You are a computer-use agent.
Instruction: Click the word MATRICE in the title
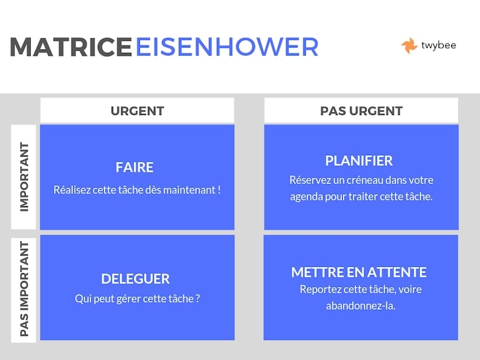pos(71,47)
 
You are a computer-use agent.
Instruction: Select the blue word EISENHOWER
pos(227,47)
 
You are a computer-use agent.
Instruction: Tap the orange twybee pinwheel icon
pos(409,46)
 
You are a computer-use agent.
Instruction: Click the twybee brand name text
pos(438,46)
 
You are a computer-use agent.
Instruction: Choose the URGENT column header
pos(137,110)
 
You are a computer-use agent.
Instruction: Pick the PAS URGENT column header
pos(362,110)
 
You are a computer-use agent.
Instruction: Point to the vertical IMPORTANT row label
pos(24,177)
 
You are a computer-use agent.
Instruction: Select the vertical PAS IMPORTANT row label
pos(24,289)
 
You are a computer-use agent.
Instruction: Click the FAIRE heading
pos(135,167)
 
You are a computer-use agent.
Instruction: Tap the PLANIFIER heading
pos(359,161)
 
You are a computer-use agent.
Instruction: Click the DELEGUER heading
pos(135,278)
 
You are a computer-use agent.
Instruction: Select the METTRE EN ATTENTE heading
pos(359,272)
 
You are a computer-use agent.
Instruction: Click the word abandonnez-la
pos(361,306)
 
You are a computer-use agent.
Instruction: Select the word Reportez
pos(320,289)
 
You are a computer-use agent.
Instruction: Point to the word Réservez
pos(310,180)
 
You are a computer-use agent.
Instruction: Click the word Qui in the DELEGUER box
pos(82,299)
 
